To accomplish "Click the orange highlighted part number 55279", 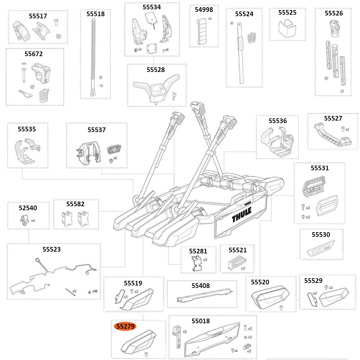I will (x=125, y=327).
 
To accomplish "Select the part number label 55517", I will (x=38, y=16).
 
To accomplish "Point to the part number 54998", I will (x=204, y=10).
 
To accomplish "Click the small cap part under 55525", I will (x=287, y=28).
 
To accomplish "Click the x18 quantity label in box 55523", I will (x=95, y=291).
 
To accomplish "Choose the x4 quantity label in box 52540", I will (x=33, y=220).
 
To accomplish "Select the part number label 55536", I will (x=278, y=121).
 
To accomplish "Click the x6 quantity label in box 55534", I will (x=167, y=50).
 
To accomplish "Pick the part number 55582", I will (x=75, y=204).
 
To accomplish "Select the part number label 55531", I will (x=320, y=168).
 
